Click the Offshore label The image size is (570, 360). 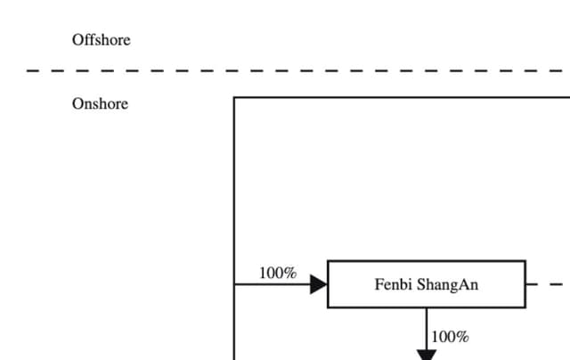tap(101, 40)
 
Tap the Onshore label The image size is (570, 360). tap(100, 104)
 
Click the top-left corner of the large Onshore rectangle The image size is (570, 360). tap(234, 97)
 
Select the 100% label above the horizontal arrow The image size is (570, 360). tap(278, 273)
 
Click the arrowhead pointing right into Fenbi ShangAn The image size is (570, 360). tap(319, 284)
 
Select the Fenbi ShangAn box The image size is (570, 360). tap(427, 284)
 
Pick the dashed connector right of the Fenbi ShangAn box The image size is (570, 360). tap(548, 285)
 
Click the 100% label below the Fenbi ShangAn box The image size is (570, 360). tap(450, 337)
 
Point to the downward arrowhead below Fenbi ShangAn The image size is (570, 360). tap(427, 355)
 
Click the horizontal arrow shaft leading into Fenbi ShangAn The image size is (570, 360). tap(272, 284)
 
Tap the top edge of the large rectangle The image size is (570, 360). tap(401, 97)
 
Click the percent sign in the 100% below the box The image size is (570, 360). tap(462, 337)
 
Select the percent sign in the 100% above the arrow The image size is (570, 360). tap(290, 273)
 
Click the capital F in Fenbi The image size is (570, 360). tap(379, 285)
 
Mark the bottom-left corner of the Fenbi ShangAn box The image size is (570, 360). tap(328, 307)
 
